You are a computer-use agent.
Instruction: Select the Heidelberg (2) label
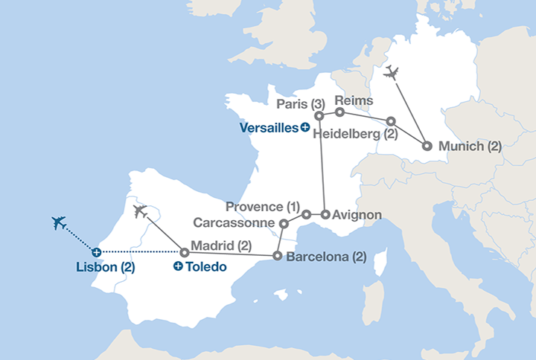[355, 134]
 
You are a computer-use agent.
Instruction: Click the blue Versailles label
[268, 127]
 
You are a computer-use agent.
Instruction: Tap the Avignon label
[357, 215]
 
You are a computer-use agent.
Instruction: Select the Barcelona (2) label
[326, 257]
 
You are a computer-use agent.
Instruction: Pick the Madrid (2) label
[221, 245]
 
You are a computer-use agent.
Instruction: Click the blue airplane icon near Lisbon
[60, 222]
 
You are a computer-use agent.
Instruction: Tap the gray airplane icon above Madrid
[140, 211]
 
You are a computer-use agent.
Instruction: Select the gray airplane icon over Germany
[391, 73]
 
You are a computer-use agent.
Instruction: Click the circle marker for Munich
[427, 146]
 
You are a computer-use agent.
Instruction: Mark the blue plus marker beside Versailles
[305, 127]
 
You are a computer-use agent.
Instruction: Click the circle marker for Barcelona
[277, 256]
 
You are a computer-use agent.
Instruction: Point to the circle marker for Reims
[339, 112]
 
